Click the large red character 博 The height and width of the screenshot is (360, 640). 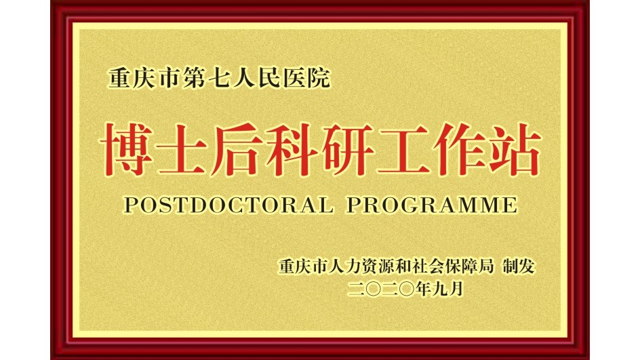coord(127,150)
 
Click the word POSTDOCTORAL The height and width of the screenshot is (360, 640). coord(228,205)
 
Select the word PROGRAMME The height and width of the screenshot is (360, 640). coord(432,205)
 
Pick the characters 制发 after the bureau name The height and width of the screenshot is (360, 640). coord(519,266)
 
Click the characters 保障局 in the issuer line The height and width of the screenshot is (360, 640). coord(469,266)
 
